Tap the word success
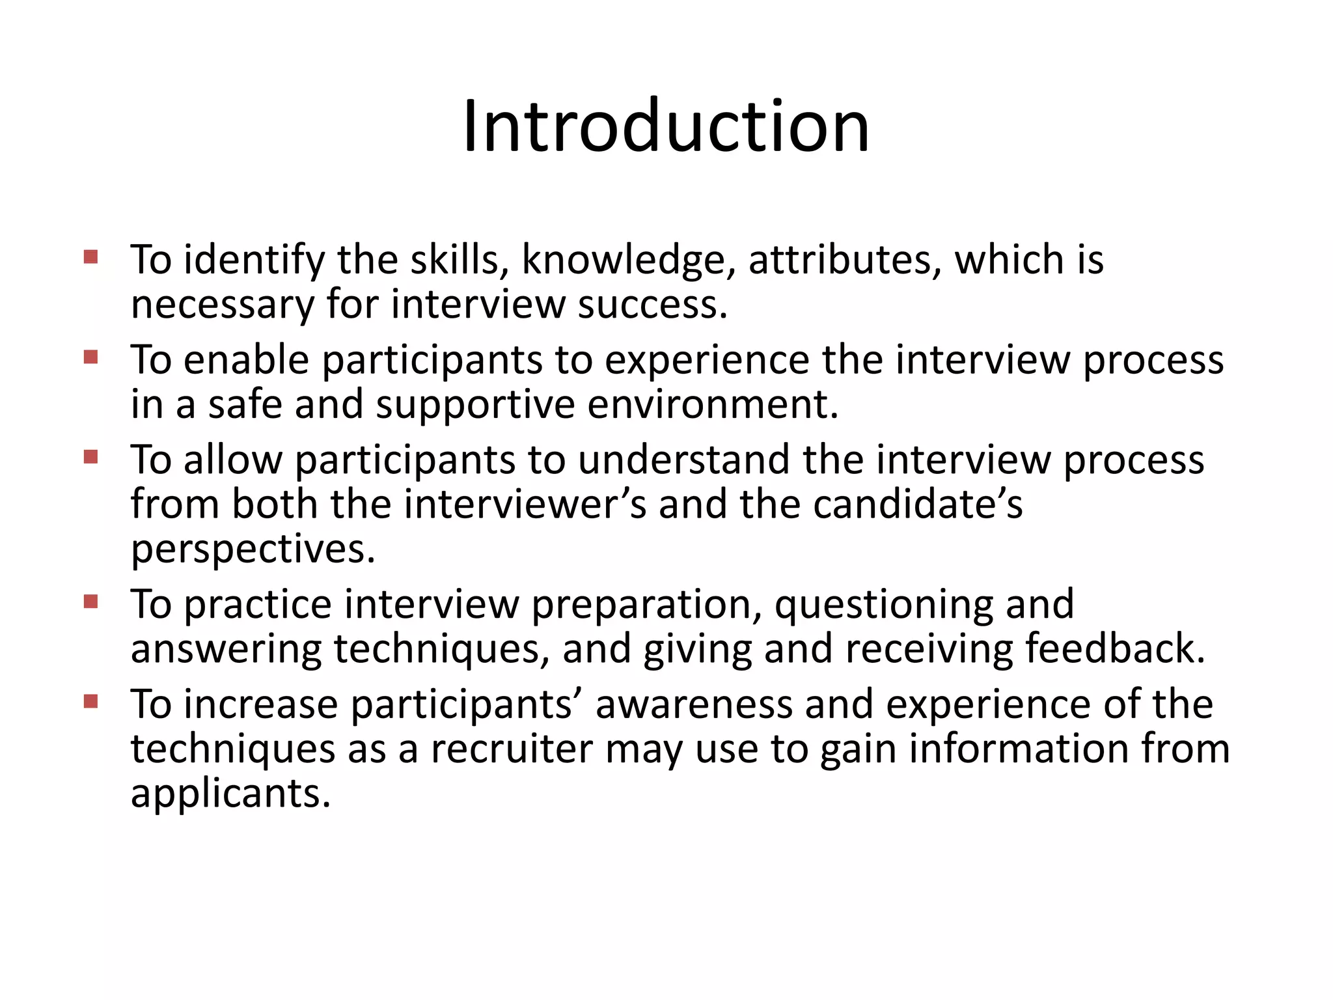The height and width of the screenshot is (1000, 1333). tap(652, 304)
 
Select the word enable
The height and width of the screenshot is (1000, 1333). tap(245, 359)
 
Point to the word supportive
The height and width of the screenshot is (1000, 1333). tap(475, 405)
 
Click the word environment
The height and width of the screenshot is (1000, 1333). tap(712, 404)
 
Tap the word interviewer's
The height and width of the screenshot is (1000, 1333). tap(525, 505)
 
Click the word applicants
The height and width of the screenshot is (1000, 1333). tap(230, 794)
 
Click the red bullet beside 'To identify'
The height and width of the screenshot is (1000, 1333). tap(90, 257)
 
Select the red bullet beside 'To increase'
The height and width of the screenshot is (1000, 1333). tap(90, 701)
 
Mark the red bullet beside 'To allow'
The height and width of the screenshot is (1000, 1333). tap(90, 456)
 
